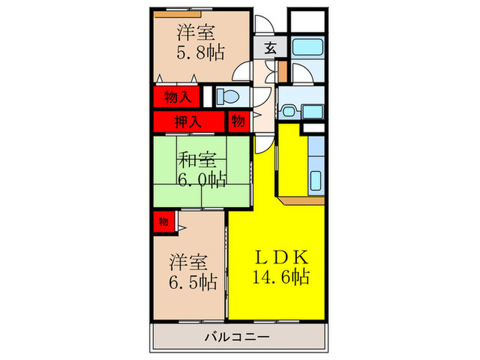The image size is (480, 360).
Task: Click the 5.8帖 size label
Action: pyautogui.click(x=200, y=53)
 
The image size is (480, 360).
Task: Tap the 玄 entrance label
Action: pyautogui.click(x=271, y=49)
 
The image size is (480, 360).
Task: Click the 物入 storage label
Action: pyautogui.click(x=178, y=98)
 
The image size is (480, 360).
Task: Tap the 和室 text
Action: pyautogui.click(x=198, y=160)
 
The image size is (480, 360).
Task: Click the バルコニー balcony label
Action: pyautogui.click(x=237, y=337)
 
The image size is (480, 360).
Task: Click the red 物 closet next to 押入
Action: pyautogui.click(x=237, y=122)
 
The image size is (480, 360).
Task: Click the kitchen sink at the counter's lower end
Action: pyautogui.click(x=316, y=182)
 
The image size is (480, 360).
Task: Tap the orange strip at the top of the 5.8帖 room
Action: pyautogui.click(x=177, y=13)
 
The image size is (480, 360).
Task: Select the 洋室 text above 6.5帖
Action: pyautogui.click(x=189, y=261)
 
